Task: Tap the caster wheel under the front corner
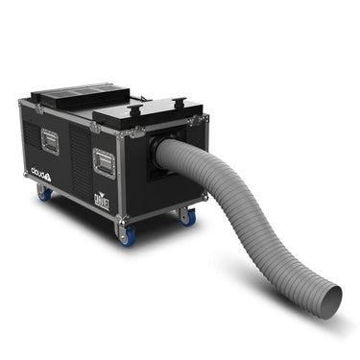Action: click(127, 236)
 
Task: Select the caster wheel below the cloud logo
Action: click(44, 194)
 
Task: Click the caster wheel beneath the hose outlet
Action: click(184, 217)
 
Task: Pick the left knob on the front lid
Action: click(133, 109)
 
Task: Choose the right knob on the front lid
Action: click(176, 99)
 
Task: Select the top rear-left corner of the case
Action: click(21, 101)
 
